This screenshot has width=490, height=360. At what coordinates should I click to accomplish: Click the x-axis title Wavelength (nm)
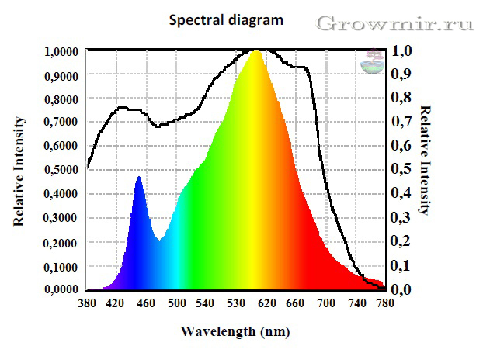235,331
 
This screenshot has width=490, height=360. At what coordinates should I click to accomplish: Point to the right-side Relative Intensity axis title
425,160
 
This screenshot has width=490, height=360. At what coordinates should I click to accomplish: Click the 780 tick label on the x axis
381,303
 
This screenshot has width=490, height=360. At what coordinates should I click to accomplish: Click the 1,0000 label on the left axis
61,51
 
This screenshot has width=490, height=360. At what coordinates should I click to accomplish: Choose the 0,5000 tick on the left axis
61,170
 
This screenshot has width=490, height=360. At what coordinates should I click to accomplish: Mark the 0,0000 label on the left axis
61,289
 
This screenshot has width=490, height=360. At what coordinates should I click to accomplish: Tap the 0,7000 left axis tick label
61,122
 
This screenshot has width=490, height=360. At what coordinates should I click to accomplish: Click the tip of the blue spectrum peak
139,178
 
